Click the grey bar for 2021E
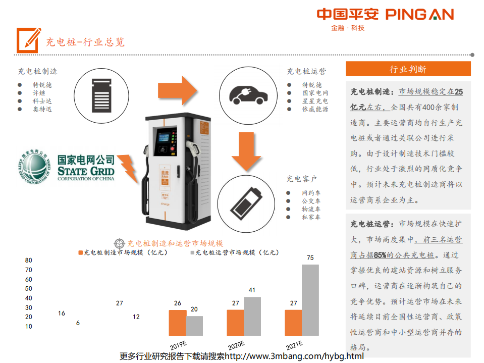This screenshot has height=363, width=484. [310, 300]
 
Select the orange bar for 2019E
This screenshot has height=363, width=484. [177, 323]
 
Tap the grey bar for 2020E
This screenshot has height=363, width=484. [252, 316]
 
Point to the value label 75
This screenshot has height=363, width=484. [310, 258]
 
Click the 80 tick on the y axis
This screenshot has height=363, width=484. [29, 261]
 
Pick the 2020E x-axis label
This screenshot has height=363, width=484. [236, 346]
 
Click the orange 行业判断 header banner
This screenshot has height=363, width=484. [408, 69]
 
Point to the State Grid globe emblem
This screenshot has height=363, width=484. [36, 167]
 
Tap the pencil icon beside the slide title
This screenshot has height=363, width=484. [28, 39]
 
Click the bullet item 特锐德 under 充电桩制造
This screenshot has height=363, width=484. [42, 85]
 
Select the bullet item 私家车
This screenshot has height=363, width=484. [311, 217]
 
